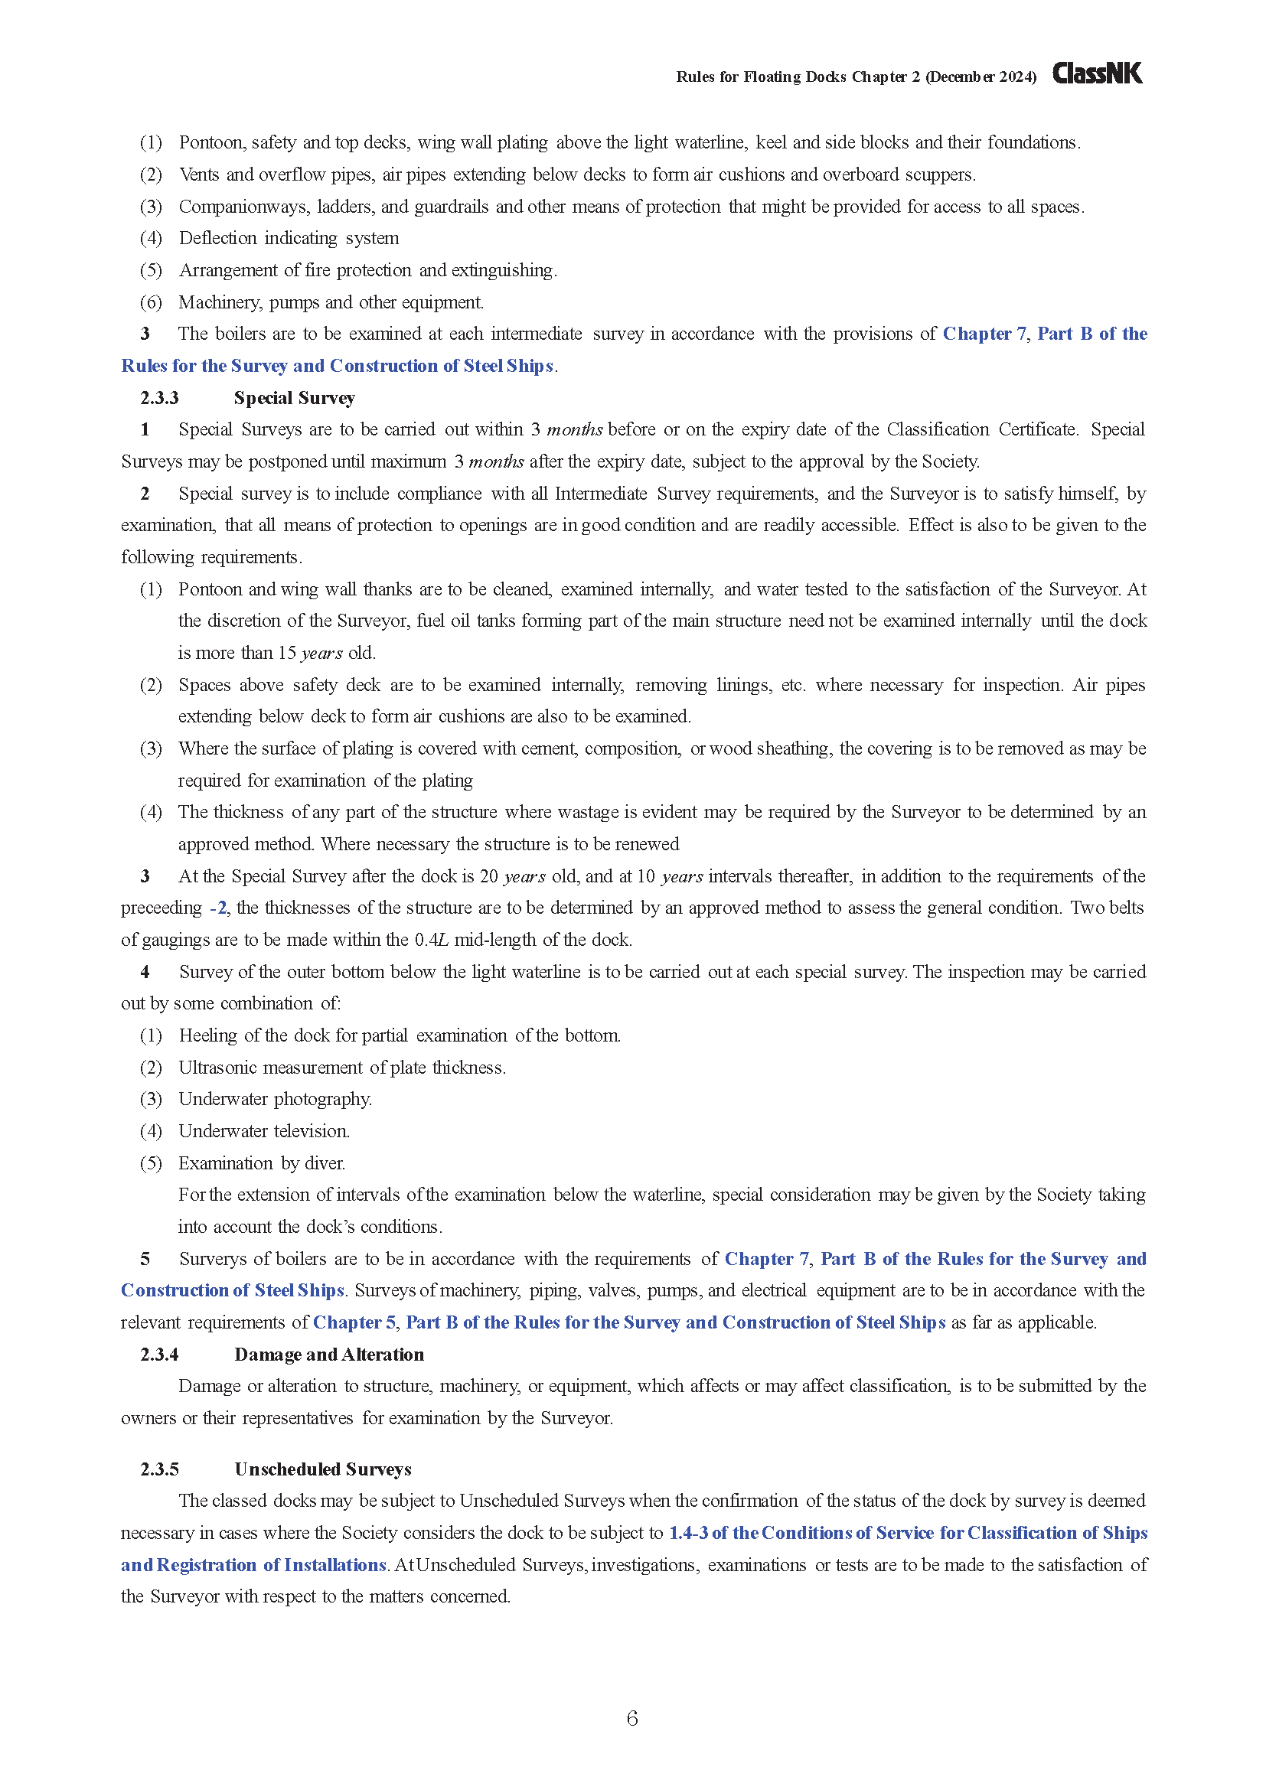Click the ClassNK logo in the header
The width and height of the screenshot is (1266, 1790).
[x=1097, y=73]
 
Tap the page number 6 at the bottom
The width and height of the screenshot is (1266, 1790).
[x=632, y=1717]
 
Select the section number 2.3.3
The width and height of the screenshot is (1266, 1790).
[x=159, y=398]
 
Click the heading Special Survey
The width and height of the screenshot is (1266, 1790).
[x=294, y=398]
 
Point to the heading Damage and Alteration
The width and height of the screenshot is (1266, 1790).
[x=329, y=1355]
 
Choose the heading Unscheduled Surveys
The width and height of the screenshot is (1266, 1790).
[x=323, y=1469]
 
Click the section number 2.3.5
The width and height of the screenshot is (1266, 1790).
[x=159, y=1469]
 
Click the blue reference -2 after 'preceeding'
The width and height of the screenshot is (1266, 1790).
[x=218, y=908]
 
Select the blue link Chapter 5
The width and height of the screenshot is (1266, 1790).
[x=354, y=1322]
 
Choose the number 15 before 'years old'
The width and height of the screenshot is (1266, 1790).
[x=287, y=653]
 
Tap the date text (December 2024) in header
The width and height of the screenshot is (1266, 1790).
[x=980, y=77]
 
